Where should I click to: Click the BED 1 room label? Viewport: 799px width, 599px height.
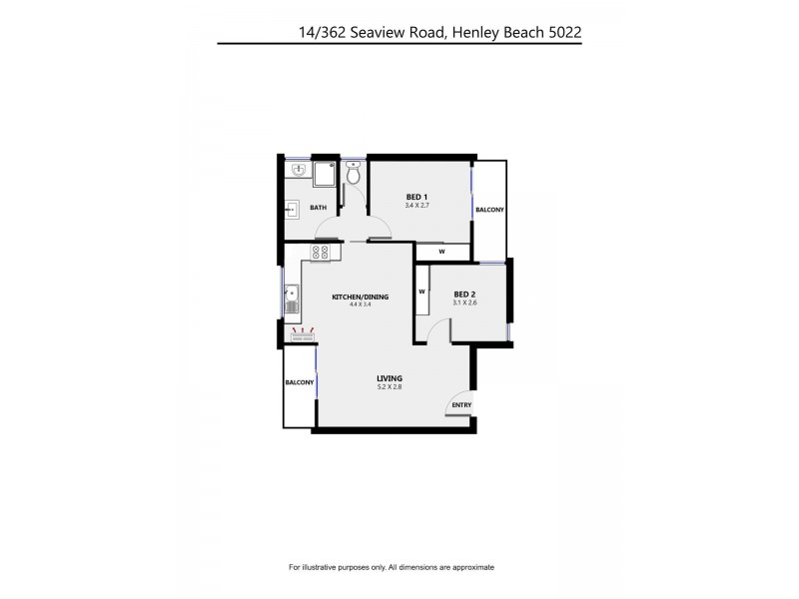pyautogui.click(x=416, y=196)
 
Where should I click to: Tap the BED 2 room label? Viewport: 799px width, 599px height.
pyautogui.click(x=465, y=294)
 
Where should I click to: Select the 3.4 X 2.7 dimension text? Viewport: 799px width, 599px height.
pyautogui.click(x=416, y=206)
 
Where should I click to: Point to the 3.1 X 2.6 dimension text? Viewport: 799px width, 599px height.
pyautogui.click(x=465, y=303)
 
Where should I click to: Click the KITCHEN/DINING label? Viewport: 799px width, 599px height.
pyautogui.click(x=360, y=297)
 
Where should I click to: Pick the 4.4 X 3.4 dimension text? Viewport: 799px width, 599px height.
pyautogui.click(x=360, y=305)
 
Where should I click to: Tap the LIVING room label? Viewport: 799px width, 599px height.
pyautogui.click(x=390, y=377)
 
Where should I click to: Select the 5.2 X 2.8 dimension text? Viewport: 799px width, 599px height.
pyautogui.click(x=390, y=386)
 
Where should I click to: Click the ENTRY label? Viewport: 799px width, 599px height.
pyautogui.click(x=461, y=404)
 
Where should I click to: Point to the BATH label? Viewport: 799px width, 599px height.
pyautogui.click(x=318, y=208)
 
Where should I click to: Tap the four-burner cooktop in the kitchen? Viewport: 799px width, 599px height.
pyautogui.click(x=321, y=254)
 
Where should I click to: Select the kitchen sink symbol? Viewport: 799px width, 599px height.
pyautogui.click(x=291, y=296)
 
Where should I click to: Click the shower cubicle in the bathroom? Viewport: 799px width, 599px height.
pyautogui.click(x=325, y=176)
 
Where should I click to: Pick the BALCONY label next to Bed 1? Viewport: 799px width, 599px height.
pyautogui.click(x=489, y=210)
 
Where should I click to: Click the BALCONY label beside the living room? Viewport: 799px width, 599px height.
pyautogui.click(x=300, y=383)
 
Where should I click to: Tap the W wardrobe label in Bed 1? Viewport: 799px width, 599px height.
pyautogui.click(x=440, y=252)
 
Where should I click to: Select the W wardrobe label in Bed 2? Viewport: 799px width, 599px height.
pyautogui.click(x=422, y=292)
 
